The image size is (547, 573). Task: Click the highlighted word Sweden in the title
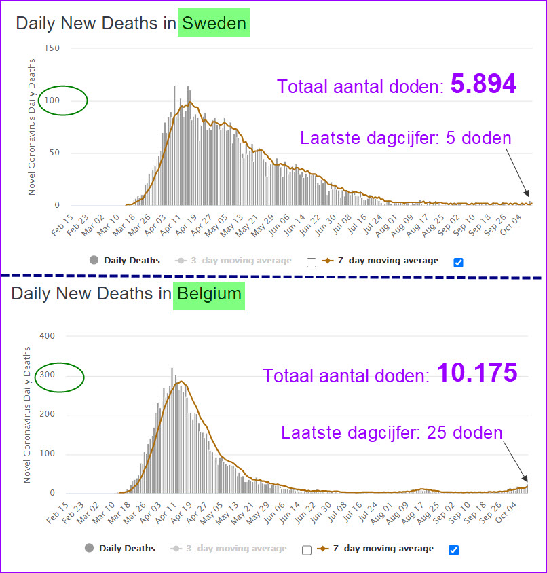[x=213, y=23]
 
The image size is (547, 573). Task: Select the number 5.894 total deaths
[x=484, y=84]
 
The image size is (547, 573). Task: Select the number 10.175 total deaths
[x=476, y=373]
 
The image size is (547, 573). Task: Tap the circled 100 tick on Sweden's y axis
[x=54, y=101]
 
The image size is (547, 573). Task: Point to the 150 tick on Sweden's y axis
[x=52, y=48]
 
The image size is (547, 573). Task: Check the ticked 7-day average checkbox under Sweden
[x=458, y=262]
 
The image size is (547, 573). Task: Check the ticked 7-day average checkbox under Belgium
[x=453, y=549]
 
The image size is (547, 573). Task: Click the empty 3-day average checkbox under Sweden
[x=312, y=262]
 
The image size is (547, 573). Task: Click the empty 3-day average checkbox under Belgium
[x=306, y=549]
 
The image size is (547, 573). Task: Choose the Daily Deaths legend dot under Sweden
[x=94, y=260]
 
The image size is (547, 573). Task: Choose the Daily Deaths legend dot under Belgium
[x=89, y=548]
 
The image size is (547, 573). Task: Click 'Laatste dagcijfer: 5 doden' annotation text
[x=405, y=139]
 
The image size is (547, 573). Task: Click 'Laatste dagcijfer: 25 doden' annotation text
[x=392, y=432]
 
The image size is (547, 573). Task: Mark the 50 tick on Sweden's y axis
[x=55, y=153]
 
